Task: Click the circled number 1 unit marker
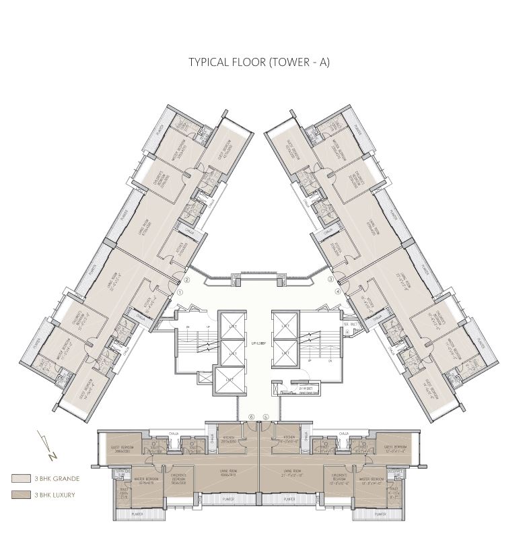[180, 293]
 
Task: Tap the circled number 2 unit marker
[188, 281]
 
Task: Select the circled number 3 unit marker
[330, 279]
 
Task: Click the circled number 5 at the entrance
[267, 417]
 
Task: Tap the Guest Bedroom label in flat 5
[394, 448]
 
